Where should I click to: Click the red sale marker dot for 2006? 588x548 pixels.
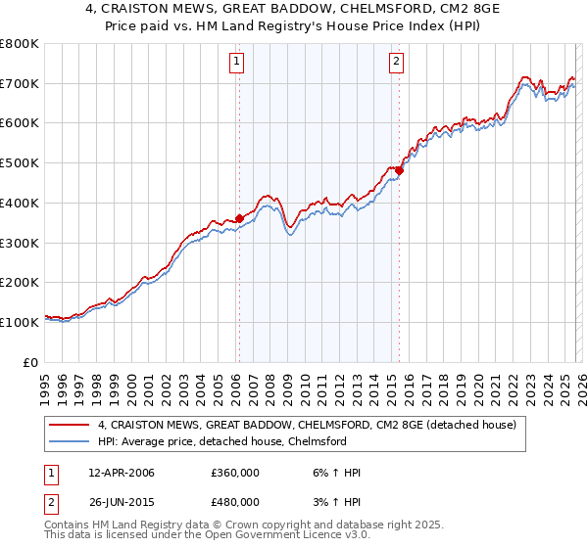click(239, 218)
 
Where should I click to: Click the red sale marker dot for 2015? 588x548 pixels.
click(399, 170)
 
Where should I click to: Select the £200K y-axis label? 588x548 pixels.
click(20, 282)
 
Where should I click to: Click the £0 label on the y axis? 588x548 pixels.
click(31, 362)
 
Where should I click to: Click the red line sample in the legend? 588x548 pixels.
click(71, 425)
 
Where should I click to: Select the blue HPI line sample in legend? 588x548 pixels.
click(71, 441)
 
